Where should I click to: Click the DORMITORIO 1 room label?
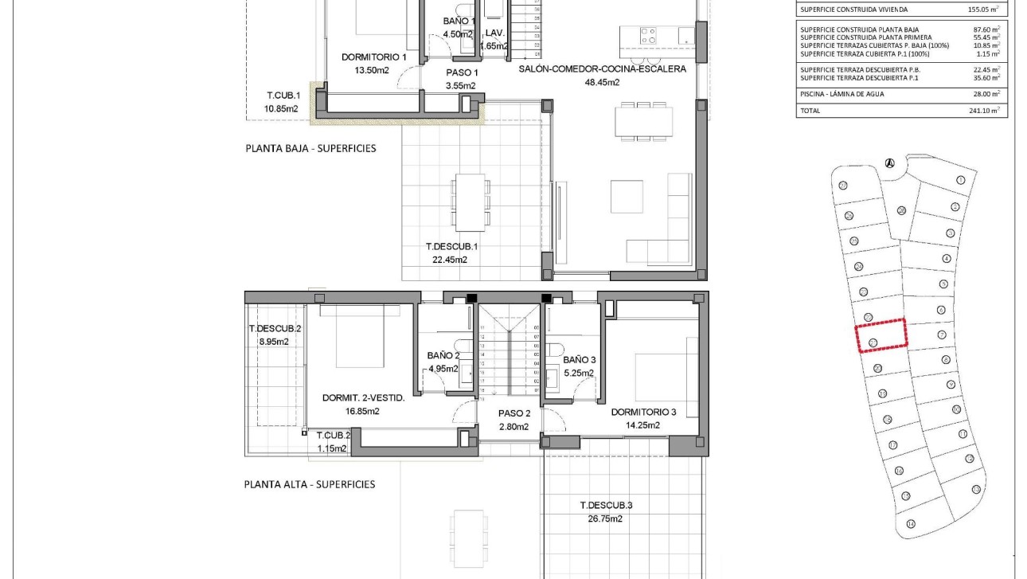(373, 57)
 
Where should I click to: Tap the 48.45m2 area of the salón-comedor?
(602, 82)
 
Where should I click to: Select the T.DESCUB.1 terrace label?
(451, 247)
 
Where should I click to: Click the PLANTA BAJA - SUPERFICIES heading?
(310, 148)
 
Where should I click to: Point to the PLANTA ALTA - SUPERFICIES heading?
(309, 484)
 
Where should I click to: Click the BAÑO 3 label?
(579, 360)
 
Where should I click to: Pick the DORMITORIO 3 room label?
(643, 413)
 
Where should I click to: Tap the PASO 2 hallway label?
(513, 413)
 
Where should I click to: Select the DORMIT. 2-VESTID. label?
(363, 398)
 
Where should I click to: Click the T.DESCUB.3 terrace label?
(606, 505)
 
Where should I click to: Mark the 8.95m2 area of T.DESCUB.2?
(273, 342)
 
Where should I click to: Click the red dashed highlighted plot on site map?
(881, 335)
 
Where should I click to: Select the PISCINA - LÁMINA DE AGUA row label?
(842, 94)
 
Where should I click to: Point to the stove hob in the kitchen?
(648, 36)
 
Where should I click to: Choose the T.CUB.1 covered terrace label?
(282, 96)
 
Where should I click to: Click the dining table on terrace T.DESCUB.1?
(470, 201)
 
